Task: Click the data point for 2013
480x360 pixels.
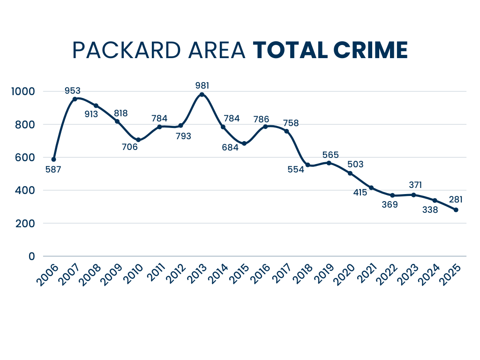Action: (x=202, y=94)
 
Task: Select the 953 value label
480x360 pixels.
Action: (x=73, y=90)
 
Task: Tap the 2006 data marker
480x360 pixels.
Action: (x=53, y=159)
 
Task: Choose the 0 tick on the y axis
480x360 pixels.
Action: (x=32, y=256)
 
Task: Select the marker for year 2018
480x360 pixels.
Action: (x=307, y=165)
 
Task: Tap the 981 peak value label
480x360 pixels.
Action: (x=202, y=85)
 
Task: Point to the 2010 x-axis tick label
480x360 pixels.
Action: (x=135, y=276)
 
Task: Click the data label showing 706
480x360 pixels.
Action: (x=130, y=147)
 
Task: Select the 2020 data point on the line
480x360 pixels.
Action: (x=350, y=173)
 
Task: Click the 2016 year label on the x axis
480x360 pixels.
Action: (x=262, y=276)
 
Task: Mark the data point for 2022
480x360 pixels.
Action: (x=392, y=195)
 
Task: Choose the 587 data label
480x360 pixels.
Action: (x=53, y=169)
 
